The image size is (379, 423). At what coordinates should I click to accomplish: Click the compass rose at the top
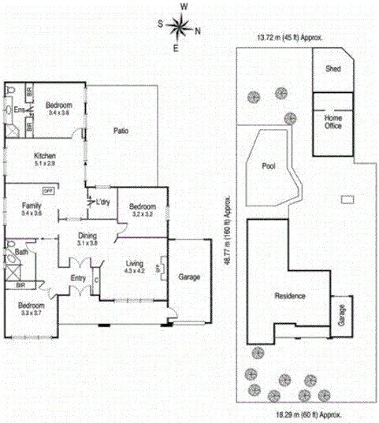[180, 28]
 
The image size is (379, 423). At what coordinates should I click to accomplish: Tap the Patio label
[121, 131]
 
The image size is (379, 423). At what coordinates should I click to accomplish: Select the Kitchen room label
[44, 157]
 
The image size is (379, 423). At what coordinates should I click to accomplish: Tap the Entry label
[78, 278]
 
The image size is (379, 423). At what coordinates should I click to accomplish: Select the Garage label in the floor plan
[189, 277]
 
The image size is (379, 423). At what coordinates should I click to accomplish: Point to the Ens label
[17, 110]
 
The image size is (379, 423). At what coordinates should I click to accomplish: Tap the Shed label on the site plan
[333, 69]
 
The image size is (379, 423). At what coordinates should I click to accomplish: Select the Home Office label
[333, 121]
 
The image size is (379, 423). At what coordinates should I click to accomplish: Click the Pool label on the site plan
[268, 166]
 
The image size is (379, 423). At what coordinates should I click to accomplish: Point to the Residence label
[289, 296]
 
